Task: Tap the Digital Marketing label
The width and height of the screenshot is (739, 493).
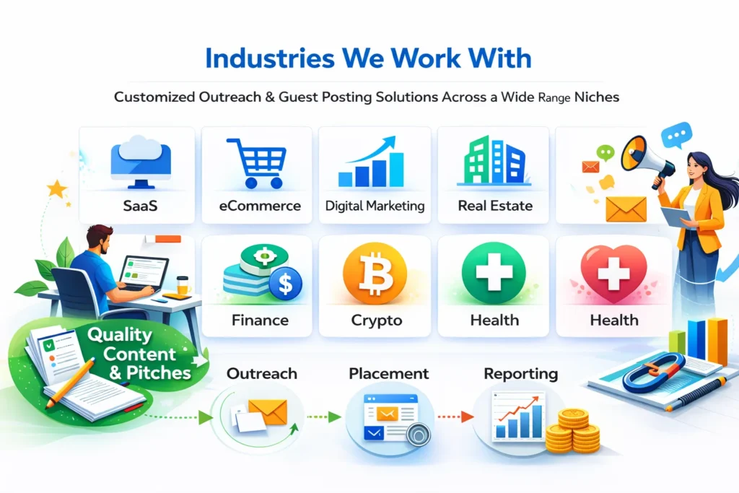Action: pos(375,206)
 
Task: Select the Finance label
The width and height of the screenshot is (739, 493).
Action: pos(260,319)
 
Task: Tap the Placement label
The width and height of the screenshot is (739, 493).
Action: pos(388,374)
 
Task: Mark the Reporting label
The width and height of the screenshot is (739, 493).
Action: pos(520,374)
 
